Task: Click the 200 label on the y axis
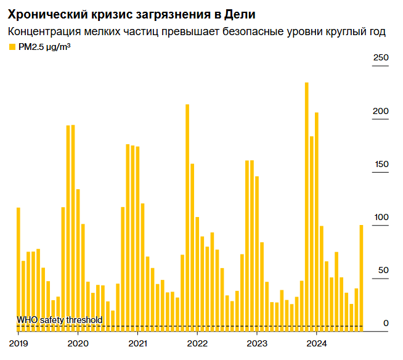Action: pyautogui.click(x=381, y=111)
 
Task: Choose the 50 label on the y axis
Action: pyautogui.click(x=383, y=271)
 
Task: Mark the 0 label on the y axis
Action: pyautogui.click(x=386, y=323)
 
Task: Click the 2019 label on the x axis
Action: pyautogui.click(x=18, y=343)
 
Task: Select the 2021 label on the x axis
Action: pyautogui.click(x=137, y=343)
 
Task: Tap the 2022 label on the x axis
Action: pyautogui.click(x=197, y=343)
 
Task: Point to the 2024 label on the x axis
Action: pyautogui.click(x=316, y=343)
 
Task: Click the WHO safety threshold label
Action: pyautogui.click(x=59, y=320)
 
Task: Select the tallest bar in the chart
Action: pyautogui.click(x=306, y=203)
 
